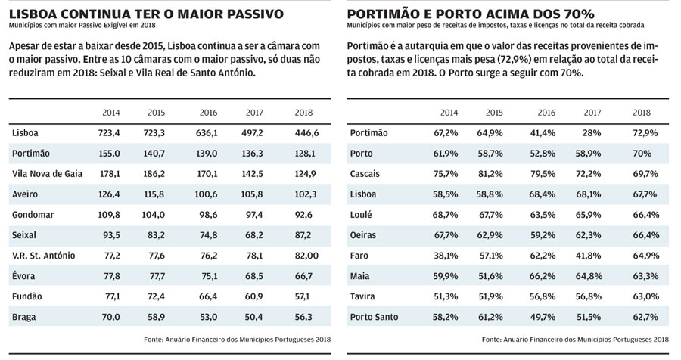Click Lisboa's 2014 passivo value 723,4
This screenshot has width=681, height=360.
tap(109, 133)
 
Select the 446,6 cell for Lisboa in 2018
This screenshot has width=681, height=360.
tap(306, 133)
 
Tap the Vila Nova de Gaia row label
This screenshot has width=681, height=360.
tap(48, 174)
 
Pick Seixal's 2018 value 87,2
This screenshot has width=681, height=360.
tap(303, 235)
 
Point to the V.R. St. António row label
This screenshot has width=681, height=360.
tap(43, 256)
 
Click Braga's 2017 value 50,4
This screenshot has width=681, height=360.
tap(254, 317)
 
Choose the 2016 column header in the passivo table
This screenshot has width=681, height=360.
tap(209, 113)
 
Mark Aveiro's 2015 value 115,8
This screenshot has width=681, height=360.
tap(154, 194)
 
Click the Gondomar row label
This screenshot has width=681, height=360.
tap(33, 215)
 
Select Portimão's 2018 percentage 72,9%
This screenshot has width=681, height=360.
tap(645, 133)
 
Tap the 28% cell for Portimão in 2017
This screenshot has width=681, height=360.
tap(592, 133)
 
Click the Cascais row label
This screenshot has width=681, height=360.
tap(365, 174)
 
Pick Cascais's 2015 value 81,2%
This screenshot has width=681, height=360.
tap(490, 174)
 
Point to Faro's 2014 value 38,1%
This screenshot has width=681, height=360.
tap(446, 256)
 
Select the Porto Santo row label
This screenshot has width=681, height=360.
tap(374, 317)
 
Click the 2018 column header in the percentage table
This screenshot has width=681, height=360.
tap(642, 113)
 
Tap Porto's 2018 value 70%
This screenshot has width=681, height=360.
tap(642, 154)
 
